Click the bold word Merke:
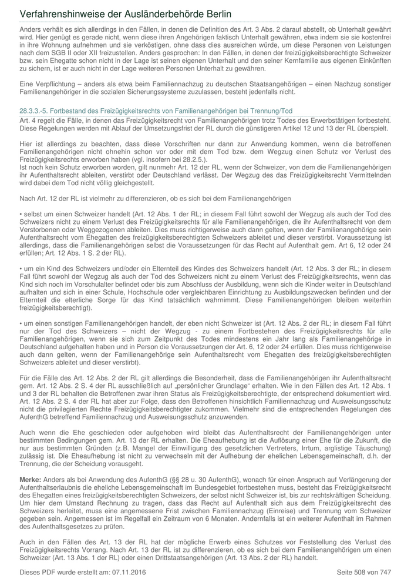coord(31,480)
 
